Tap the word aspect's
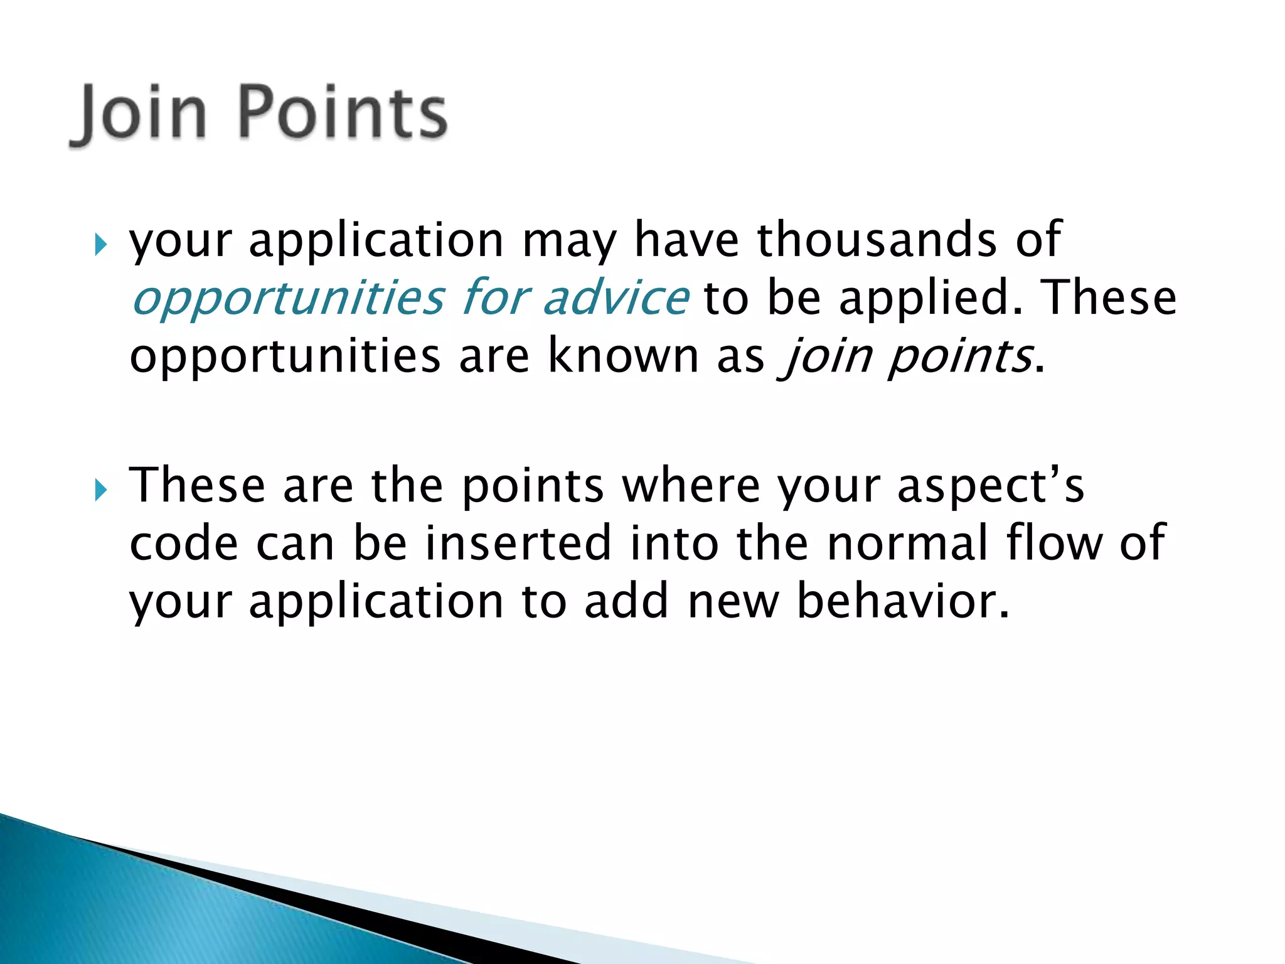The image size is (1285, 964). [x=991, y=487]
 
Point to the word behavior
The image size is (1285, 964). [x=903, y=601]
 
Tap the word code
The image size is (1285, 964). [x=184, y=544]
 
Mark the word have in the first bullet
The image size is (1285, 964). [x=687, y=240]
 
